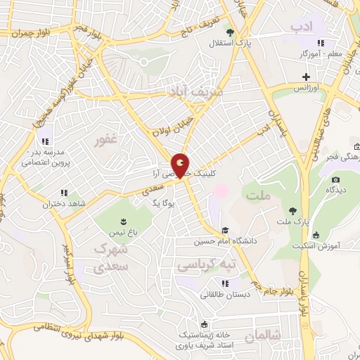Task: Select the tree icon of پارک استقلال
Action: pyautogui.click(x=230, y=32)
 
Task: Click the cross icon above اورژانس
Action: pyautogui.click(x=305, y=77)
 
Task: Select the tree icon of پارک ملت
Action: pyautogui.click(x=292, y=210)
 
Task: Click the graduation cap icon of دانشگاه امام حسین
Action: pyautogui.click(x=225, y=230)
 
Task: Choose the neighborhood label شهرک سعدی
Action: pyautogui.click(x=110, y=259)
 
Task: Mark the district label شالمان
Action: pyautogui.click(x=263, y=337)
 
